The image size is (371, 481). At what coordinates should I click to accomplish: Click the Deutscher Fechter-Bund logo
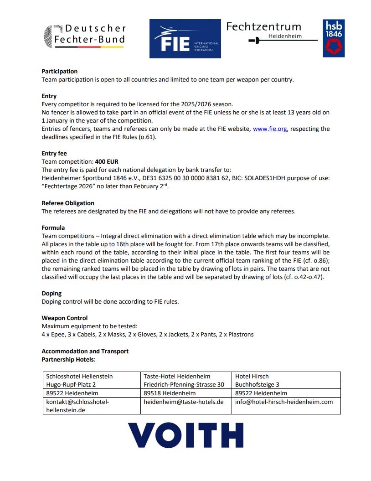[x=84, y=35]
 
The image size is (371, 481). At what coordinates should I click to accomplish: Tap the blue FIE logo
[x=185, y=39]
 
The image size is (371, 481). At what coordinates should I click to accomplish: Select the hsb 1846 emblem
[x=333, y=38]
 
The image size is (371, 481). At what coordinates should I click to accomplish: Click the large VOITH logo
[x=185, y=435]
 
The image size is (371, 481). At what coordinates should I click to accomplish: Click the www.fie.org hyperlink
[x=270, y=129]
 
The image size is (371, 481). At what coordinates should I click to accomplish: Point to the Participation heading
[x=60, y=71]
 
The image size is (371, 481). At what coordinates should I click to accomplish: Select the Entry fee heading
[x=54, y=154]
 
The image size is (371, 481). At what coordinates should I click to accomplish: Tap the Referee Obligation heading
[x=68, y=203]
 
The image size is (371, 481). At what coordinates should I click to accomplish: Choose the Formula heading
[x=53, y=228]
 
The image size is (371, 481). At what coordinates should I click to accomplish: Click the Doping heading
[x=52, y=293]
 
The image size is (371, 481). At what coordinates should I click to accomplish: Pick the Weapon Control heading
[x=65, y=318]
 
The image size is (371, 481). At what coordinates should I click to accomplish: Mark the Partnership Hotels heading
[x=68, y=360]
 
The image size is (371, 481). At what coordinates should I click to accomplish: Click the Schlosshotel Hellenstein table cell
[x=79, y=376]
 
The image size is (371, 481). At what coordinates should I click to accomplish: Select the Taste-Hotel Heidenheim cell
[x=177, y=376]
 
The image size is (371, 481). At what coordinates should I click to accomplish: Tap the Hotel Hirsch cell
[x=252, y=376]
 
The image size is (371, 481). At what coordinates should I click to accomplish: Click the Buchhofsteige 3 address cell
[x=258, y=384]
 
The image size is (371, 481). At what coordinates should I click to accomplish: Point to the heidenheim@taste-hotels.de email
[x=184, y=402]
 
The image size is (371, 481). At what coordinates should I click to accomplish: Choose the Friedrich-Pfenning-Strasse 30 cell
[x=184, y=384]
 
